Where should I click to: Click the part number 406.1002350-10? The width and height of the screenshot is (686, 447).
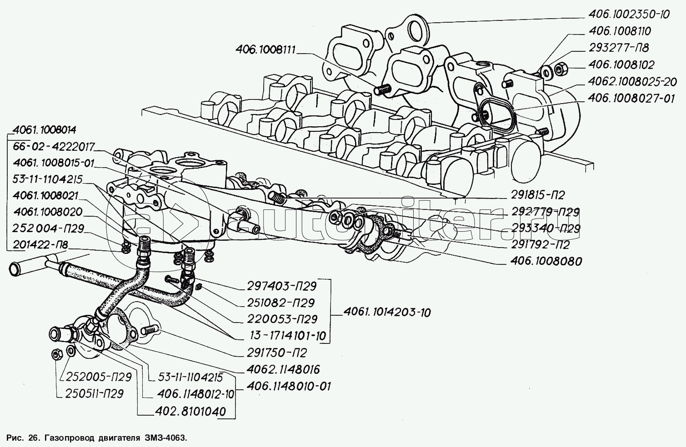[629, 15]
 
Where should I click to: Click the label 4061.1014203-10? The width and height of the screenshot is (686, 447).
[387, 313]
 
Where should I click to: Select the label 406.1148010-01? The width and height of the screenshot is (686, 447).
[288, 386]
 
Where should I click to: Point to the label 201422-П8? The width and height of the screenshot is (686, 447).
[40, 245]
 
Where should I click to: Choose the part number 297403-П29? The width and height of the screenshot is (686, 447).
[282, 286]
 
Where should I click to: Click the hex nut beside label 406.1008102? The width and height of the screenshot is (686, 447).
[560, 69]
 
